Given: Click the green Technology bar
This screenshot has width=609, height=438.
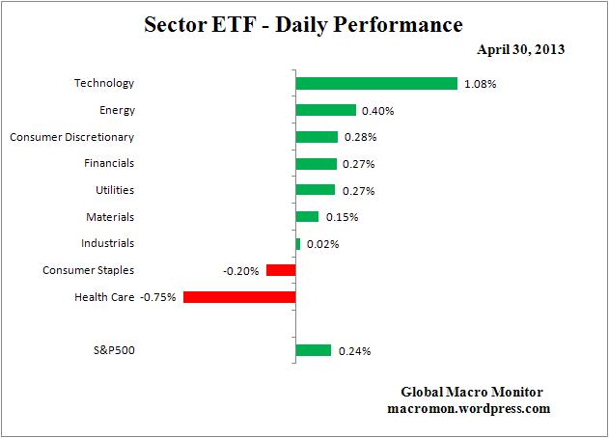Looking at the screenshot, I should tap(375, 84).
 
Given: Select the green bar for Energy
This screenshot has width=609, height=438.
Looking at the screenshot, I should tap(325, 110).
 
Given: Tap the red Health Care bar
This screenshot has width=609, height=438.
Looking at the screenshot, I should tap(238, 297).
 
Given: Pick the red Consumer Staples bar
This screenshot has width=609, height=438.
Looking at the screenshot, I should tap(280, 270).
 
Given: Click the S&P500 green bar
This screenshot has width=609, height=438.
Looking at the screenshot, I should tap(313, 350).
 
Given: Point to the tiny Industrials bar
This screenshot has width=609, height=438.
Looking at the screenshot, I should tap(297, 244).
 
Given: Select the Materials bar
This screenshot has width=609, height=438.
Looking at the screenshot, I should tap(307, 217).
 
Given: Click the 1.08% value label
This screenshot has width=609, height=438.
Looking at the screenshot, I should tap(481, 84).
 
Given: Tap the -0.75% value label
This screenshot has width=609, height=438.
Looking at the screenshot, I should tap(158, 297).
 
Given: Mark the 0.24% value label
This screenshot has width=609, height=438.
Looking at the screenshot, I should tap(354, 351).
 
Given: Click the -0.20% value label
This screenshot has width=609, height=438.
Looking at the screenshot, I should tap(240, 271).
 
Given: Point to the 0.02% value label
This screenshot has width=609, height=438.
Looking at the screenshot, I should tap(322, 244).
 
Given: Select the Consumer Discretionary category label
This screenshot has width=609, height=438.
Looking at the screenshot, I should tap(71, 137).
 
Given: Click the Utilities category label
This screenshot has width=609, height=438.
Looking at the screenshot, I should tap(115, 190).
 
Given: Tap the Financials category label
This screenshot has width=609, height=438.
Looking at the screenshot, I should tap(110, 163).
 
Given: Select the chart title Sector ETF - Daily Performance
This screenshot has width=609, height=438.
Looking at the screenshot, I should tap(304, 23).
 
